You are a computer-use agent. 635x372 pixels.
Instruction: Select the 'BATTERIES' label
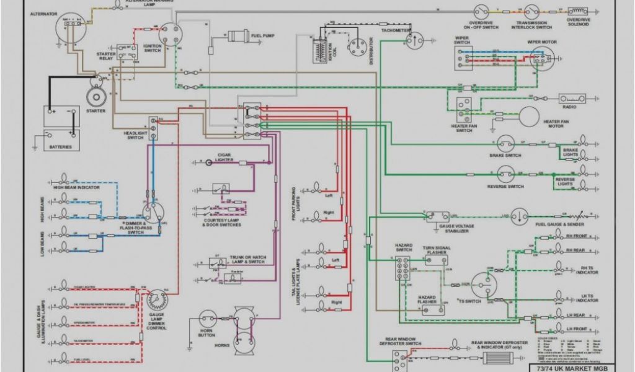61,148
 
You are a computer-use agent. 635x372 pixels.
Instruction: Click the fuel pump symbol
238,36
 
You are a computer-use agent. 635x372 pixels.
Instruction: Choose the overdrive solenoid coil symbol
578,11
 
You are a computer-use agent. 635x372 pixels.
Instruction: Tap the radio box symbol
572,98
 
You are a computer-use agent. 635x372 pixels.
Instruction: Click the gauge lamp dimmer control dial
156,301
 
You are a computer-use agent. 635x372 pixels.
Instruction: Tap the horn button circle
205,320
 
